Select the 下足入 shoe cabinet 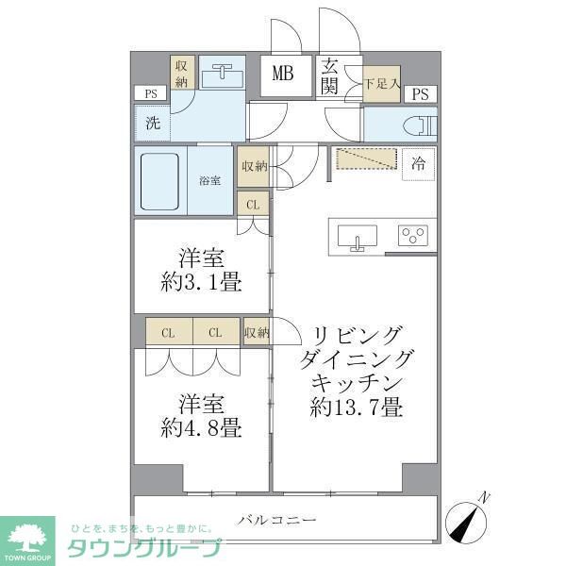381,84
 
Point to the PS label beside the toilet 421,93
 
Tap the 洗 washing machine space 152,123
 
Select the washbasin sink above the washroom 222,73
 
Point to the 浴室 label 209,180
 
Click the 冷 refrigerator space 417,163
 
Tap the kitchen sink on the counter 358,237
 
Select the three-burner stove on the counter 413,236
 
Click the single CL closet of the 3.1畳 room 252,205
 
